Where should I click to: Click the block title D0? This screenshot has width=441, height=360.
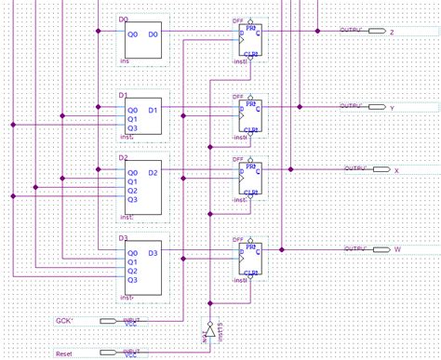pyautogui.click(x=125, y=19)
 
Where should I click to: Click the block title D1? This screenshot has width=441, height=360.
pyautogui.click(x=124, y=95)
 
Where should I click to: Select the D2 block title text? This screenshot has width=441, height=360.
pyautogui.click(x=124, y=158)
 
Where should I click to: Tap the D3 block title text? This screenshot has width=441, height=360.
pyautogui.click(x=124, y=238)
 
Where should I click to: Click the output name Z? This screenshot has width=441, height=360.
pyautogui.click(x=392, y=32)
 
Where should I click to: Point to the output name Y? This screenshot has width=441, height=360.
pyautogui.click(x=392, y=107)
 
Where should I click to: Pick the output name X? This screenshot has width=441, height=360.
pyautogui.click(x=395, y=171)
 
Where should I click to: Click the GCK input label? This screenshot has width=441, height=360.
pyautogui.click(x=64, y=320)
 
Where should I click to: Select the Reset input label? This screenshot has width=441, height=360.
pyautogui.click(x=63, y=353)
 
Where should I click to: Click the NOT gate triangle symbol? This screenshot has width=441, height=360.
pyautogui.click(x=210, y=332)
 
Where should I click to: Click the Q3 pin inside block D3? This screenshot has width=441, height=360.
pyautogui.click(x=132, y=279)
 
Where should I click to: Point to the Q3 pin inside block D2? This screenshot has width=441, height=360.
pyautogui.click(x=132, y=199)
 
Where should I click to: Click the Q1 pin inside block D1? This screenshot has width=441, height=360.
pyautogui.click(x=132, y=119)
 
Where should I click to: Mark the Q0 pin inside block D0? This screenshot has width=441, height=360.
pyautogui.click(x=132, y=33)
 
